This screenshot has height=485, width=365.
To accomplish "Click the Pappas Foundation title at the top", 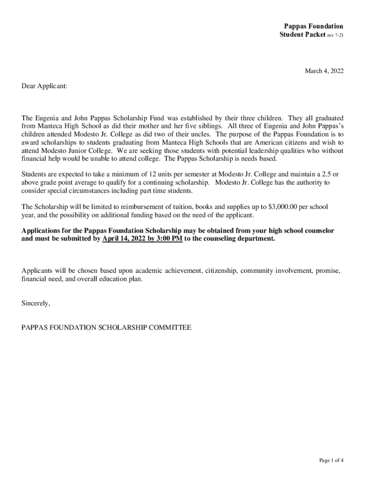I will click(313, 26).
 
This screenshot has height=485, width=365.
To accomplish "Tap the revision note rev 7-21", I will click(335, 35).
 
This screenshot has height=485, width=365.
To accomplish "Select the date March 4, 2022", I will click(324, 71).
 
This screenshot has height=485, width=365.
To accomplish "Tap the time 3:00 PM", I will click(170, 239).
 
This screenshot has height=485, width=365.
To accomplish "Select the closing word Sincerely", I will click(36, 303).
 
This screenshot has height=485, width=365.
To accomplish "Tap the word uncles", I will click(200, 134).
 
